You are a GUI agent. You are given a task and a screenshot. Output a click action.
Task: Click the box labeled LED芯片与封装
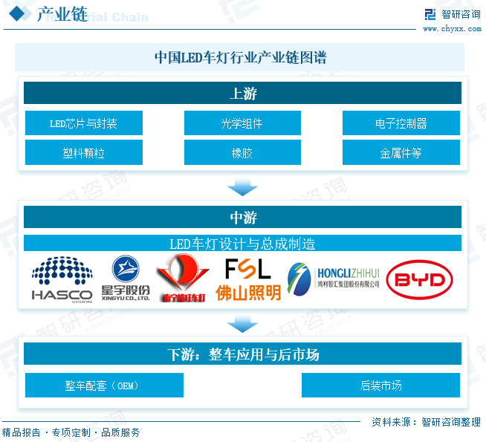coord(83,123)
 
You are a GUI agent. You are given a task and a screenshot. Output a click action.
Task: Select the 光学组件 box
coord(242,123)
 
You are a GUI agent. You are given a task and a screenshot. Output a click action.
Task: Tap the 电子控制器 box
coord(401,123)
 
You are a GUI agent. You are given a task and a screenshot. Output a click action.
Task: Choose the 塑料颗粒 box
coord(83,153)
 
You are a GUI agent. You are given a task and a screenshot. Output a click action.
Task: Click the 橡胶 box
coord(242,153)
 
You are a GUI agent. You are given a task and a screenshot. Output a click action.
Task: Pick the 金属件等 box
coord(401,153)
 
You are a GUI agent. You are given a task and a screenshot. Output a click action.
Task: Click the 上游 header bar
coord(242,94)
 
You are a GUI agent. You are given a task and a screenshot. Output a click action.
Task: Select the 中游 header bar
coord(242,218)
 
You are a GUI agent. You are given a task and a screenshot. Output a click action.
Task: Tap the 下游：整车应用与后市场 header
coord(242,354)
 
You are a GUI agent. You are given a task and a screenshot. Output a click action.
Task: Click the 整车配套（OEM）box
coord(103,386)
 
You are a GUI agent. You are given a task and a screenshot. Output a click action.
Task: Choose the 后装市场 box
coord(380,386)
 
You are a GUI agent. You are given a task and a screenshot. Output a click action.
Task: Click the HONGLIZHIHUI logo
coord(334,279)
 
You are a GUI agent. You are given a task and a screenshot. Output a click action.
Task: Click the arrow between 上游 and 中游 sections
coord(242,186)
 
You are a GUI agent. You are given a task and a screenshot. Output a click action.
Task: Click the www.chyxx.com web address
coord(452,30)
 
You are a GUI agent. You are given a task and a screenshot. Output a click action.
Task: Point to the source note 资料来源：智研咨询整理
coord(426,422)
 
